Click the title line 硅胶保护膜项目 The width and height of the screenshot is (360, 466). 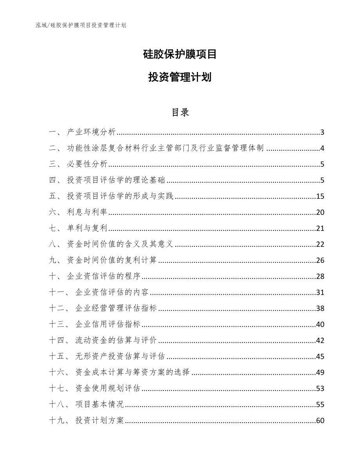(180, 54)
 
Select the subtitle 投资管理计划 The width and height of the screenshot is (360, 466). (180, 77)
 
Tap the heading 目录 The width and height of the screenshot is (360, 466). (180, 112)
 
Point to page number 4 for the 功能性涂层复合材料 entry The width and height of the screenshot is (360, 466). (322, 148)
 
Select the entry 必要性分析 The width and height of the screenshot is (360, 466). (87, 164)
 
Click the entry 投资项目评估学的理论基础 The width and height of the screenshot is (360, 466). (116, 180)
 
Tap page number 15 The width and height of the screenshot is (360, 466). (320, 196)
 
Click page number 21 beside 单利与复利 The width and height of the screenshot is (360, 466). (320, 229)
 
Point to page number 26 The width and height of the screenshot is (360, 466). (320, 261)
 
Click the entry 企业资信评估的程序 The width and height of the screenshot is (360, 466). (104, 277)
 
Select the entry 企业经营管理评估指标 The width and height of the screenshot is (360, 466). (116, 309)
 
